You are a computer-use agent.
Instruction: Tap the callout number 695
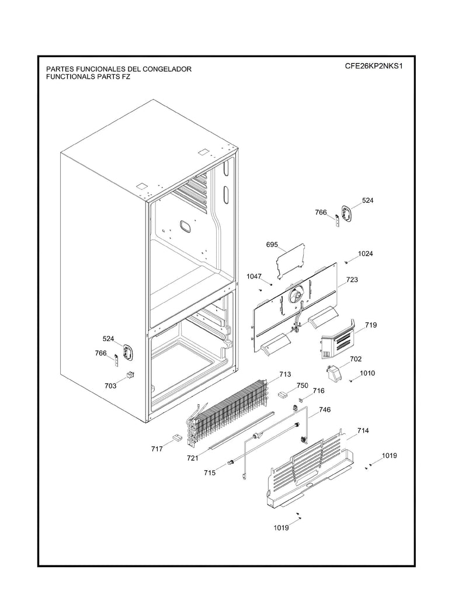(272, 244)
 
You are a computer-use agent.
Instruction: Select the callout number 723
(352, 280)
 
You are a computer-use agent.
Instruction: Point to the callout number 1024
(366, 253)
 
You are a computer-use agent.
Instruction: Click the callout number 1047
(255, 276)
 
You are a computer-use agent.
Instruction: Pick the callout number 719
(371, 325)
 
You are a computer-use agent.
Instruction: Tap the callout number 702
(356, 359)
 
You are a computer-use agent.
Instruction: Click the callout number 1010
(367, 373)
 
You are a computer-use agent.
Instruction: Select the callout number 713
(285, 374)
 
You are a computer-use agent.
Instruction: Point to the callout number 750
(302, 385)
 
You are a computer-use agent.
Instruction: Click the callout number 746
(325, 410)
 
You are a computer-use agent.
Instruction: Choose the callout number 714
(363, 430)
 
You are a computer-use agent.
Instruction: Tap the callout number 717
(157, 448)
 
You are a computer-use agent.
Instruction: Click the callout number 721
(193, 458)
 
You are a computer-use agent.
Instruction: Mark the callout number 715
(210, 472)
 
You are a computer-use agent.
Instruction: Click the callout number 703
(110, 385)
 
